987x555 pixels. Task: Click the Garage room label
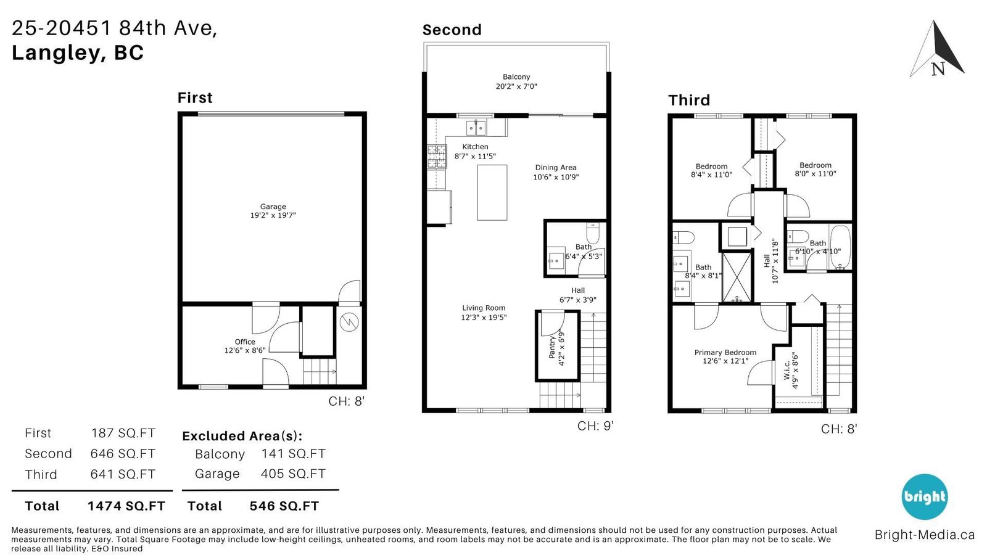click(273, 206)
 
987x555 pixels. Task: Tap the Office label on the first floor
click(244, 342)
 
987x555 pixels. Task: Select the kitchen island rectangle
click(492, 192)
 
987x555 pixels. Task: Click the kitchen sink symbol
click(476, 128)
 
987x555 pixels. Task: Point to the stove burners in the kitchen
click(437, 157)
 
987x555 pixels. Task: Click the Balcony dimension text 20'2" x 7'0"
click(516, 86)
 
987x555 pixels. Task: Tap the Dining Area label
click(556, 167)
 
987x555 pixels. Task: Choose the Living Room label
click(484, 308)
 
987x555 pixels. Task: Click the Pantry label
click(551, 347)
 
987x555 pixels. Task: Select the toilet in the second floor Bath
click(593, 233)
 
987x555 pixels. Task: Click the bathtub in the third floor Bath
click(840, 247)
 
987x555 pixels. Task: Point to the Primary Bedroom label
click(725, 352)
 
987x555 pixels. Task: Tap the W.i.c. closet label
click(787, 371)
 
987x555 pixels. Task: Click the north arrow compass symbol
click(937, 49)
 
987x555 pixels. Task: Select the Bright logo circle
click(925, 496)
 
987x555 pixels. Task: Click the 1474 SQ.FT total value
click(126, 506)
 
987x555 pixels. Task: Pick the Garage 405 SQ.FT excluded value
click(293, 474)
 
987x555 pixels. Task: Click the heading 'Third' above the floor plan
click(689, 101)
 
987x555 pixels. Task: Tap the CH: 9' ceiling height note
click(595, 425)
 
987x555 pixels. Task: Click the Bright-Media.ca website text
click(925, 535)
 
